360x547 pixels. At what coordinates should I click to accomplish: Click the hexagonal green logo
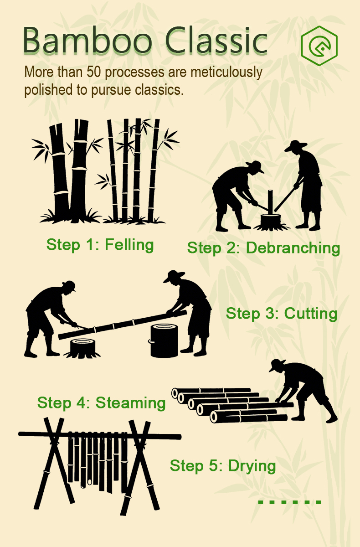[319, 46]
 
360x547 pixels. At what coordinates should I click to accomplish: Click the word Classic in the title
[216, 40]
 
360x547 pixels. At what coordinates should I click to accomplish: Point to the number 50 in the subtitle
[94, 72]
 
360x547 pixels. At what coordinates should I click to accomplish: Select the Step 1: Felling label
[100, 244]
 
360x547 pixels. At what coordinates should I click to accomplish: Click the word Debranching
[293, 248]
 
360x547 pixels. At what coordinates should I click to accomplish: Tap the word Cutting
[311, 313]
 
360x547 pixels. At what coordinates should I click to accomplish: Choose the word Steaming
[131, 403]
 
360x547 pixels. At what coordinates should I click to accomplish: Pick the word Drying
[252, 466]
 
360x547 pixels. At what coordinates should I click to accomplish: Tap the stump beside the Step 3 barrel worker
[82, 348]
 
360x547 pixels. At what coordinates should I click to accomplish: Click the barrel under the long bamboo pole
[164, 341]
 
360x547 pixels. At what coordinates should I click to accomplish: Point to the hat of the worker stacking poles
[277, 365]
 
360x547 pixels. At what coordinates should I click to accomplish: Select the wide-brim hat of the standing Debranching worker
[296, 145]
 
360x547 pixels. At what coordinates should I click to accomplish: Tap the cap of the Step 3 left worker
[69, 285]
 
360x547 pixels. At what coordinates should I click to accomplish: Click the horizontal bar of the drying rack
[100, 435]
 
